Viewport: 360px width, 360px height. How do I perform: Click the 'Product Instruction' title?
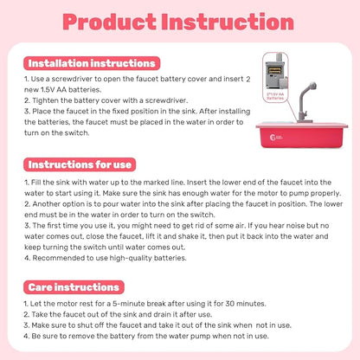pos(179,21)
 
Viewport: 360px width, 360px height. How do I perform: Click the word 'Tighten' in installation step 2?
pos(37,100)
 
